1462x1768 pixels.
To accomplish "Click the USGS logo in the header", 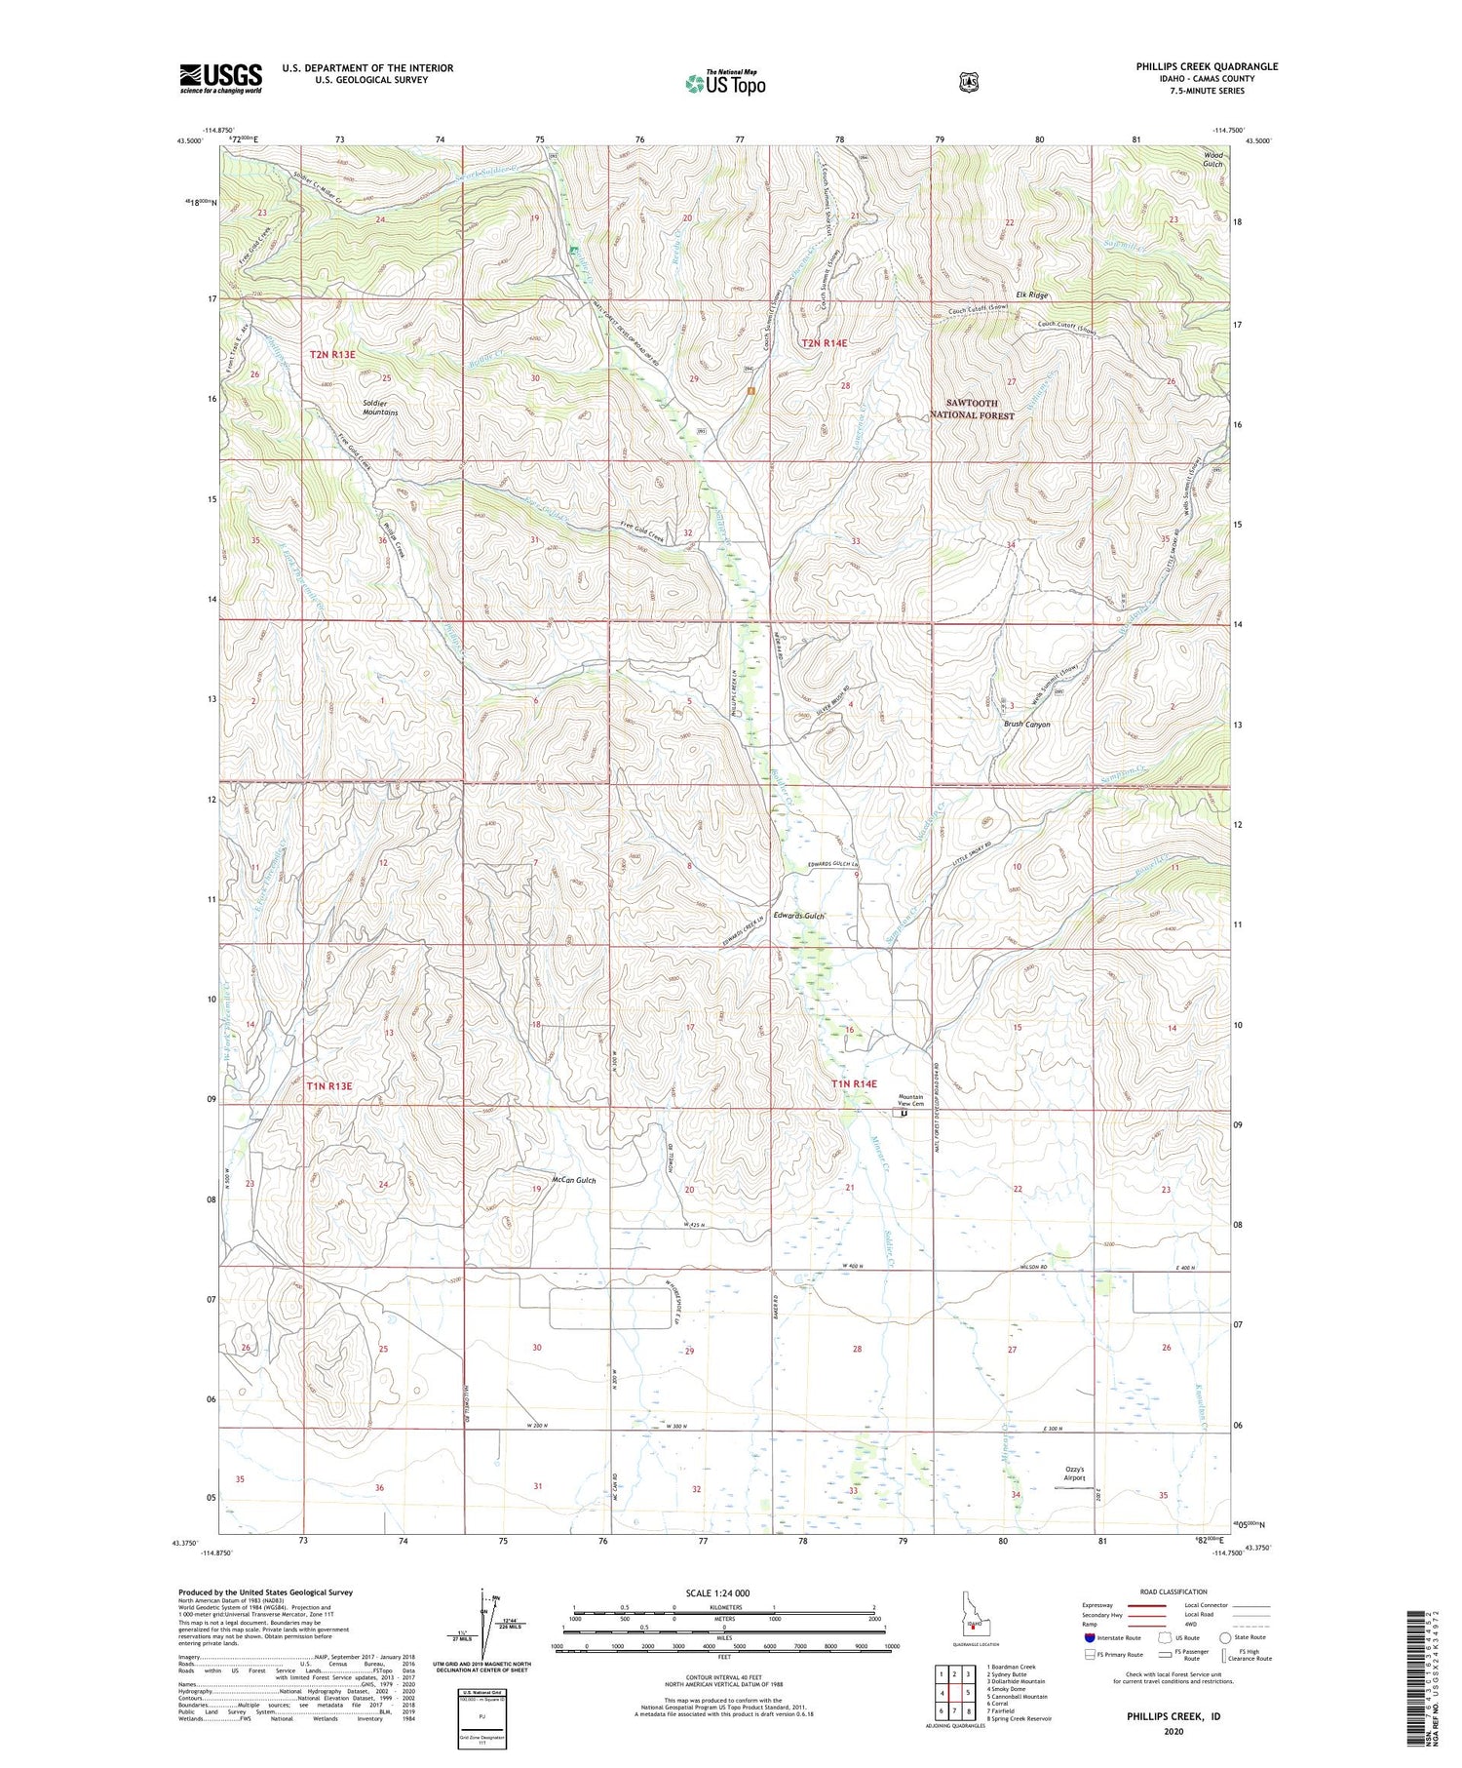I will [220, 78].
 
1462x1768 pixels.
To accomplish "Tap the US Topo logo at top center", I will [725, 83].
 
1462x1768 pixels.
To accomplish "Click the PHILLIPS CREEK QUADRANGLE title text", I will [1206, 66].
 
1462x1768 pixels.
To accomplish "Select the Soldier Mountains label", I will [380, 408].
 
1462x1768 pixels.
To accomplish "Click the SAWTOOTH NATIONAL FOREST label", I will [980, 410].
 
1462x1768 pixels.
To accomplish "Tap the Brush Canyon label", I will [1027, 725].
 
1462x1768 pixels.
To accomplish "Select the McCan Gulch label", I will [573, 1180].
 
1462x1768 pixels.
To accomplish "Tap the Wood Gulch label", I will [1212, 160].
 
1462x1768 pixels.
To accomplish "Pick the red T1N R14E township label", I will [854, 1084].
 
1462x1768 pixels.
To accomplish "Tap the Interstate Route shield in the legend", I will [1090, 1637].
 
